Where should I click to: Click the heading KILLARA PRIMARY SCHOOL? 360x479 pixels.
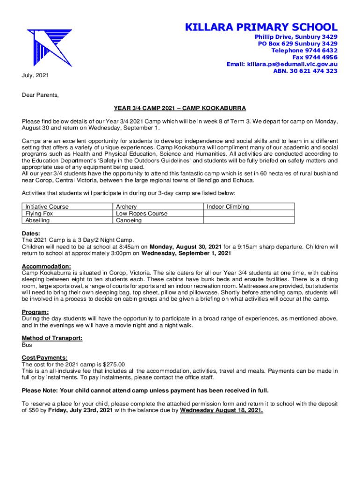pos(261,27)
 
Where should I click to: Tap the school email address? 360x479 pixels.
pos(282,64)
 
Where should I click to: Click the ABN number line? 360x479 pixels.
pos(305,71)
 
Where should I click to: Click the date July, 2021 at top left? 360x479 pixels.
pos(35,75)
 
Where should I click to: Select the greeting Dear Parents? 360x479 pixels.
pos(41,95)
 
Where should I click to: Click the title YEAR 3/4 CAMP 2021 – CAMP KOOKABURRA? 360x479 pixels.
pos(180,109)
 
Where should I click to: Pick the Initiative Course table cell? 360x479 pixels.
pos(47,207)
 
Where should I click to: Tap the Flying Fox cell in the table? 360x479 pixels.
pos(39,213)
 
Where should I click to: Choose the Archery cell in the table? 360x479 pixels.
pos(126,207)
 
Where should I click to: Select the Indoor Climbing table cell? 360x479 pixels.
pos(228,207)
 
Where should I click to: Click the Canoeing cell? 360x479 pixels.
pos(129,220)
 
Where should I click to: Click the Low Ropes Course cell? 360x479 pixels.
pos(141,213)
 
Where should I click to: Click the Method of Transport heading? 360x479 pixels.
pos(52,338)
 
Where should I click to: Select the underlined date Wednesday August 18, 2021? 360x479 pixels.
pos(222,411)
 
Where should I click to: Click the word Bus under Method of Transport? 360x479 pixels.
pos(27,345)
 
